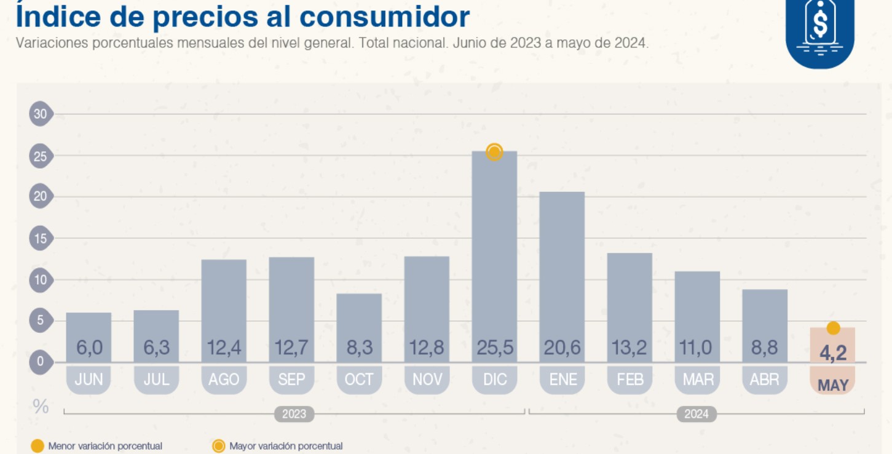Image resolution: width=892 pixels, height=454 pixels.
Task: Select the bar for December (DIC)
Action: tap(494, 246)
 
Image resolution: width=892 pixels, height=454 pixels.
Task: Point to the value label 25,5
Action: tap(494, 349)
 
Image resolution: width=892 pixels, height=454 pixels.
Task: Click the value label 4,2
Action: tap(833, 354)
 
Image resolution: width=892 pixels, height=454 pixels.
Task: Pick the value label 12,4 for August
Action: tap(224, 349)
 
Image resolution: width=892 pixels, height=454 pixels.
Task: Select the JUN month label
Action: tap(89, 380)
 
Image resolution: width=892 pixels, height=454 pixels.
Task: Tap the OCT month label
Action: tap(359, 380)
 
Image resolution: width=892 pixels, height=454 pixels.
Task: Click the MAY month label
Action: tap(833, 386)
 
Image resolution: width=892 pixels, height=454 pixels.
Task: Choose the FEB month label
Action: tap(630, 380)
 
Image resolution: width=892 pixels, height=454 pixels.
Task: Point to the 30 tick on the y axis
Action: tap(41, 114)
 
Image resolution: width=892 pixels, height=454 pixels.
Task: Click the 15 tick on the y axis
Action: tap(41, 239)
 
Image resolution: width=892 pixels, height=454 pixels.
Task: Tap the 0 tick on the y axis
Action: tap(41, 362)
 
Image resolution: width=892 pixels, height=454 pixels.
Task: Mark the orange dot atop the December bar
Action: tap(494, 152)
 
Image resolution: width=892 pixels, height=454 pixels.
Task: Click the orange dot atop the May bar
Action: tap(833, 329)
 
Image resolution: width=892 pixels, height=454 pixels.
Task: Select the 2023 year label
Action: tap(294, 414)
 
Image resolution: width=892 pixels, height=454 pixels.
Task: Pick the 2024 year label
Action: tap(697, 414)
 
